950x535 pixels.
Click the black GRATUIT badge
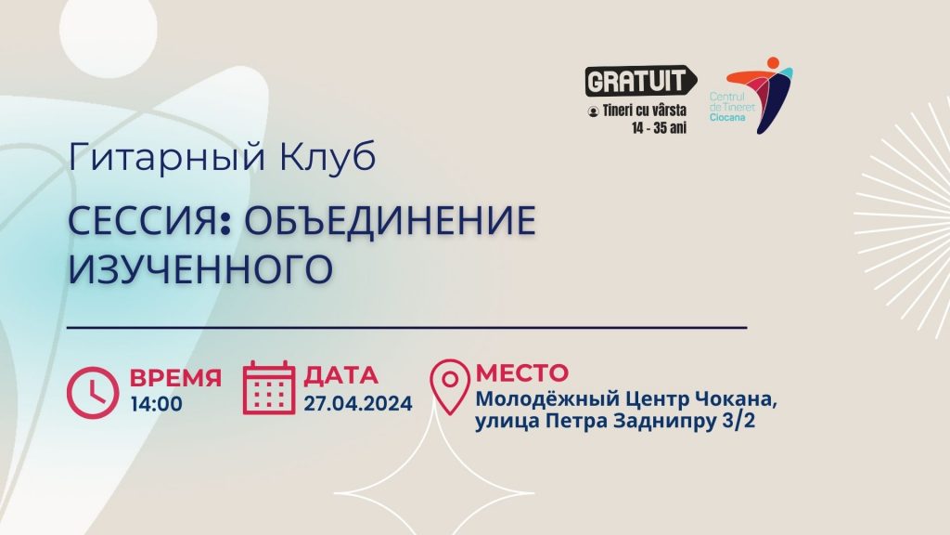pyautogui.click(x=640, y=81)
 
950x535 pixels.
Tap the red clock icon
pyautogui.click(x=93, y=393)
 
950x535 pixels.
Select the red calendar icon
pyautogui.click(x=269, y=387)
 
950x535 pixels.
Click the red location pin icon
pyautogui.click(x=450, y=387)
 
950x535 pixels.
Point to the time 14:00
pyautogui.click(x=156, y=404)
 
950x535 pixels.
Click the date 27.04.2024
pyautogui.click(x=358, y=403)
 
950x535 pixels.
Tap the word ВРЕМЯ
pyautogui.click(x=175, y=377)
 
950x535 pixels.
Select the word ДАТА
pyautogui.click(x=341, y=375)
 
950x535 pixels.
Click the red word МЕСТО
pyautogui.click(x=522, y=372)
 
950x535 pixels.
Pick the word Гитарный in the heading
pyautogui.click(x=167, y=156)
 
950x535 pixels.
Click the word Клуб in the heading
pyautogui.click(x=327, y=156)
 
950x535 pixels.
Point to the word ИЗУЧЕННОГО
pyautogui.click(x=200, y=268)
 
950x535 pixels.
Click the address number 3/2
pyautogui.click(x=738, y=421)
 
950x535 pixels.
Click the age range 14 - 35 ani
pyautogui.click(x=660, y=128)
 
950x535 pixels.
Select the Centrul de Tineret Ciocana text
pyautogui.click(x=732, y=107)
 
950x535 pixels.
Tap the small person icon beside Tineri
pyautogui.click(x=593, y=111)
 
